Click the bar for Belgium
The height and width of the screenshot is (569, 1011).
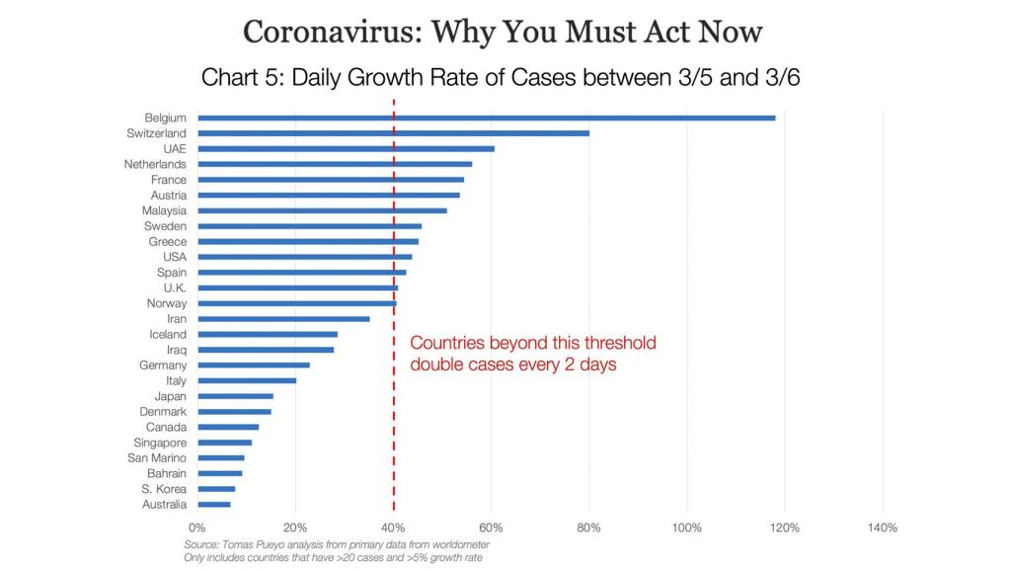click(x=486, y=118)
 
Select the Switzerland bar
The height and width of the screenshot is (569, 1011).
click(x=393, y=133)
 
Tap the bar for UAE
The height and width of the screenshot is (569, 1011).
click(x=346, y=148)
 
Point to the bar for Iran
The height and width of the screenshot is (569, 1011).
click(x=283, y=319)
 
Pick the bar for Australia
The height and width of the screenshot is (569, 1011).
click(x=213, y=505)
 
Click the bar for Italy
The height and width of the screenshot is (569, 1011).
click(x=246, y=380)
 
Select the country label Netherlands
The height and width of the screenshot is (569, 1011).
click(x=155, y=164)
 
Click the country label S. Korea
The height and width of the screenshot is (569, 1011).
click(x=164, y=489)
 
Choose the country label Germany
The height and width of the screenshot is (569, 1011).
click(x=163, y=366)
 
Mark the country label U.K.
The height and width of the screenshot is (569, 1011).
click(x=175, y=287)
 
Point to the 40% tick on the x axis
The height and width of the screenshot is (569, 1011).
click(x=393, y=528)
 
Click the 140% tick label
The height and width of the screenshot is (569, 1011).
click(x=882, y=528)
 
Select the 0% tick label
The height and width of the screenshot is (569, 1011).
click(x=196, y=528)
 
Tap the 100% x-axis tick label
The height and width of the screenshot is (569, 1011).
click(x=686, y=528)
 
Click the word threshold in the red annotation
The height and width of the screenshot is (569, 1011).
click(x=613, y=344)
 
